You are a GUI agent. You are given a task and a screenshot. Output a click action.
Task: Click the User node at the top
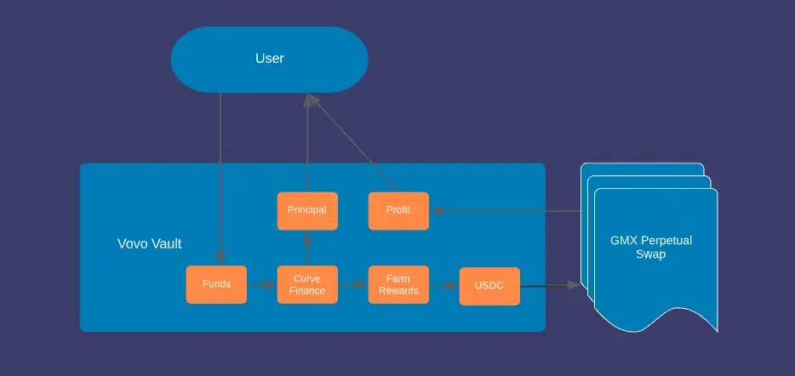pyautogui.click(x=269, y=60)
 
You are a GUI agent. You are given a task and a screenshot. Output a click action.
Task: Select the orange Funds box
pyautogui.click(x=216, y=284)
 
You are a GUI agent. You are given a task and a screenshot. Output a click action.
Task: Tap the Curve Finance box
pyautogui.click(x=307, y=284)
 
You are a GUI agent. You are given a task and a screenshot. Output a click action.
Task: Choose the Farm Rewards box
pyautogui.click(x=398, y=284)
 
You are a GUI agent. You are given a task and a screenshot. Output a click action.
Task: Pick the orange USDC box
pyautogui.click(x=489, y=286)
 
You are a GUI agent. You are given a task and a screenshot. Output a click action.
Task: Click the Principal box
pyautogui.click(x=307, y=211)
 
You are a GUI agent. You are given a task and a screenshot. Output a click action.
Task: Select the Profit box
pyautogui.click(x=398, y=211)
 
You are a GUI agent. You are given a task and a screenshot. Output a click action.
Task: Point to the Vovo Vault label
pyautogui.click(x=150, y=244)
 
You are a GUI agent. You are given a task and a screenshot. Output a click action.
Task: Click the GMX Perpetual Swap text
pyautogui.click(x=651, y=247)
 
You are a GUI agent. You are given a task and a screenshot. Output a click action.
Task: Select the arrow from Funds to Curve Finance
pyautogui.click(x=261, y=285)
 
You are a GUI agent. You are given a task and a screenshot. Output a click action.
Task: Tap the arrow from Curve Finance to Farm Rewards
pyautogui.click(x=353, y=285)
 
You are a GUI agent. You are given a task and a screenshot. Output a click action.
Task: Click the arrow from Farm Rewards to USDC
pyautogui.click(x=444, y=286)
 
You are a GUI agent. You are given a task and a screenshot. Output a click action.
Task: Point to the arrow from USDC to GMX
pyautogui.click(x=550, y=286)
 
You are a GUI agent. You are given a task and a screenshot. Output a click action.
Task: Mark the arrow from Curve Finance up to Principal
pyautogui.click(x=307, y=248)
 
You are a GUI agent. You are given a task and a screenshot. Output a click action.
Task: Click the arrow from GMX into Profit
pyautogui.click(x=506, y=211)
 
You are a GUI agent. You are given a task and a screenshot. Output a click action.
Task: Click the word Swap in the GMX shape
pyautogui.click(x=651, y=254)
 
